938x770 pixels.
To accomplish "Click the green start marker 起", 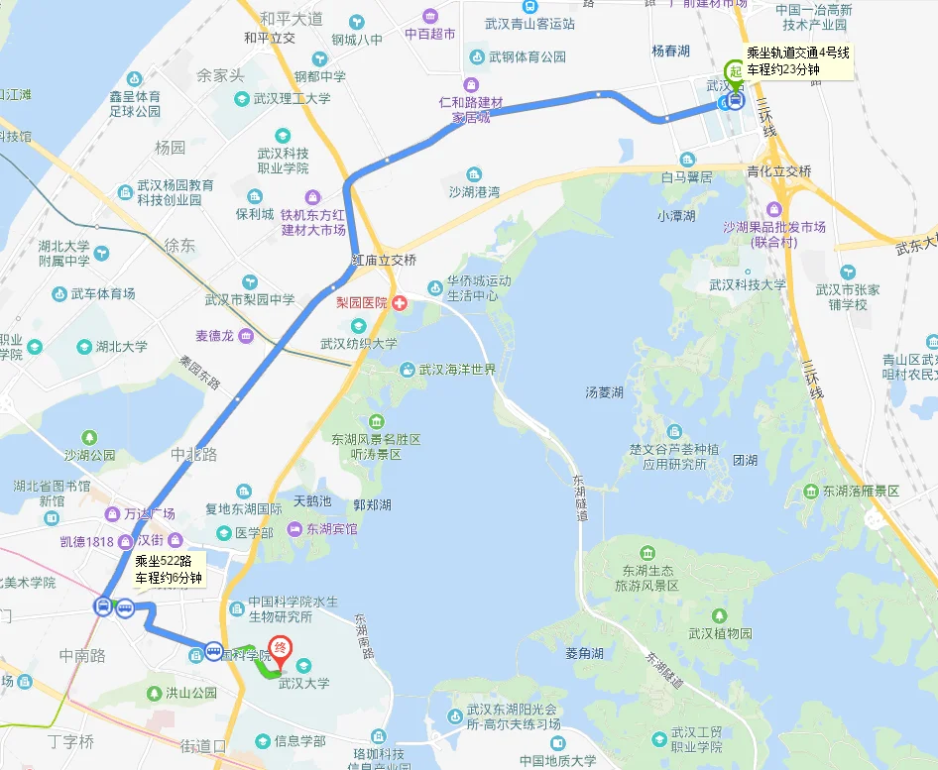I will pos(734,71).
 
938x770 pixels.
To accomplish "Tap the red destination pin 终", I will pos(282,647).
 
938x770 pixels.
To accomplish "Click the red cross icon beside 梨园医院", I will pos(401,302).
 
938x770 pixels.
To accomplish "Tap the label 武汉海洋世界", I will pos(456,370).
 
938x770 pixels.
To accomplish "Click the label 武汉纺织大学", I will pos(358,344).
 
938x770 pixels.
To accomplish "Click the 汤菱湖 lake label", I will pos(604,392).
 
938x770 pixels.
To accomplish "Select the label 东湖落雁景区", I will pos(860,492).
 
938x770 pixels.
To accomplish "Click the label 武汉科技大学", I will pos(747,284).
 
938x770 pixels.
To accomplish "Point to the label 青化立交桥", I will pos(778,171).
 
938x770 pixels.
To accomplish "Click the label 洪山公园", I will pos(190,693).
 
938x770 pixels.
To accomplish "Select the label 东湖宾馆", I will pos(331,529).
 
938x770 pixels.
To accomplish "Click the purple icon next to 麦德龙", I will pos(245,336).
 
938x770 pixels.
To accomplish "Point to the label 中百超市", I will pos(429,34).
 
